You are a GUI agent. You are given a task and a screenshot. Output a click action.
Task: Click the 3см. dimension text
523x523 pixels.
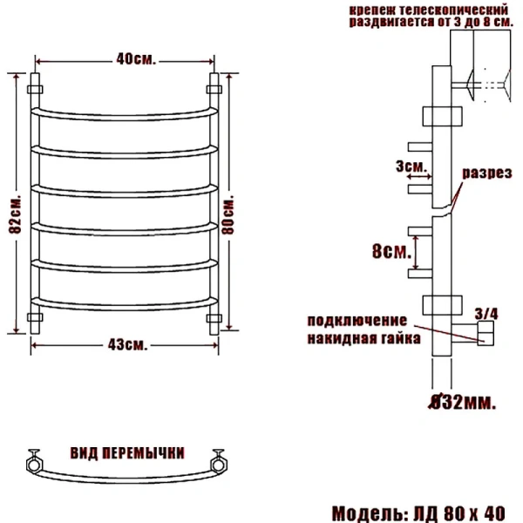[409, 166]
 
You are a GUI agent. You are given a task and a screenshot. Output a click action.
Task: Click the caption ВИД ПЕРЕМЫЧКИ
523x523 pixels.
[126, 453]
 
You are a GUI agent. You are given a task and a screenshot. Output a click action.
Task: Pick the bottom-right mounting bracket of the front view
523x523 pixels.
[214, 316]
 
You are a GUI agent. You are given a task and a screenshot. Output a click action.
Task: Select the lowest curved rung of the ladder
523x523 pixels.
[124, 303]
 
